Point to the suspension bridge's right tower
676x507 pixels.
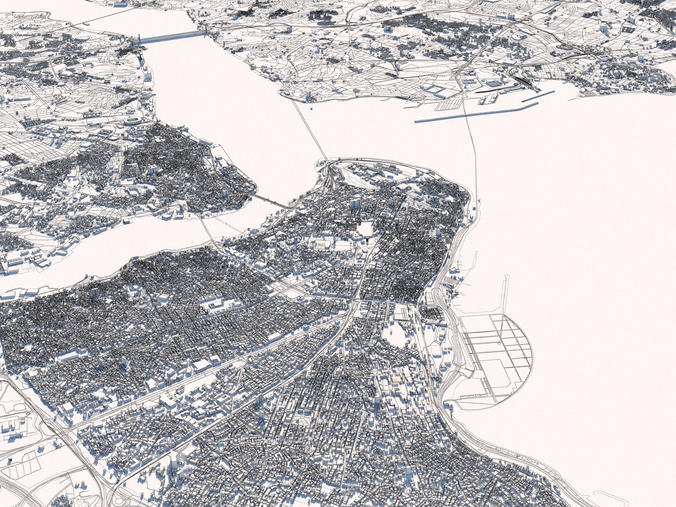tap(205, 32)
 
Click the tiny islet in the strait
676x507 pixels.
tap(311, 109)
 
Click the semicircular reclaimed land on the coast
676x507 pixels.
tap(498, 357)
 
